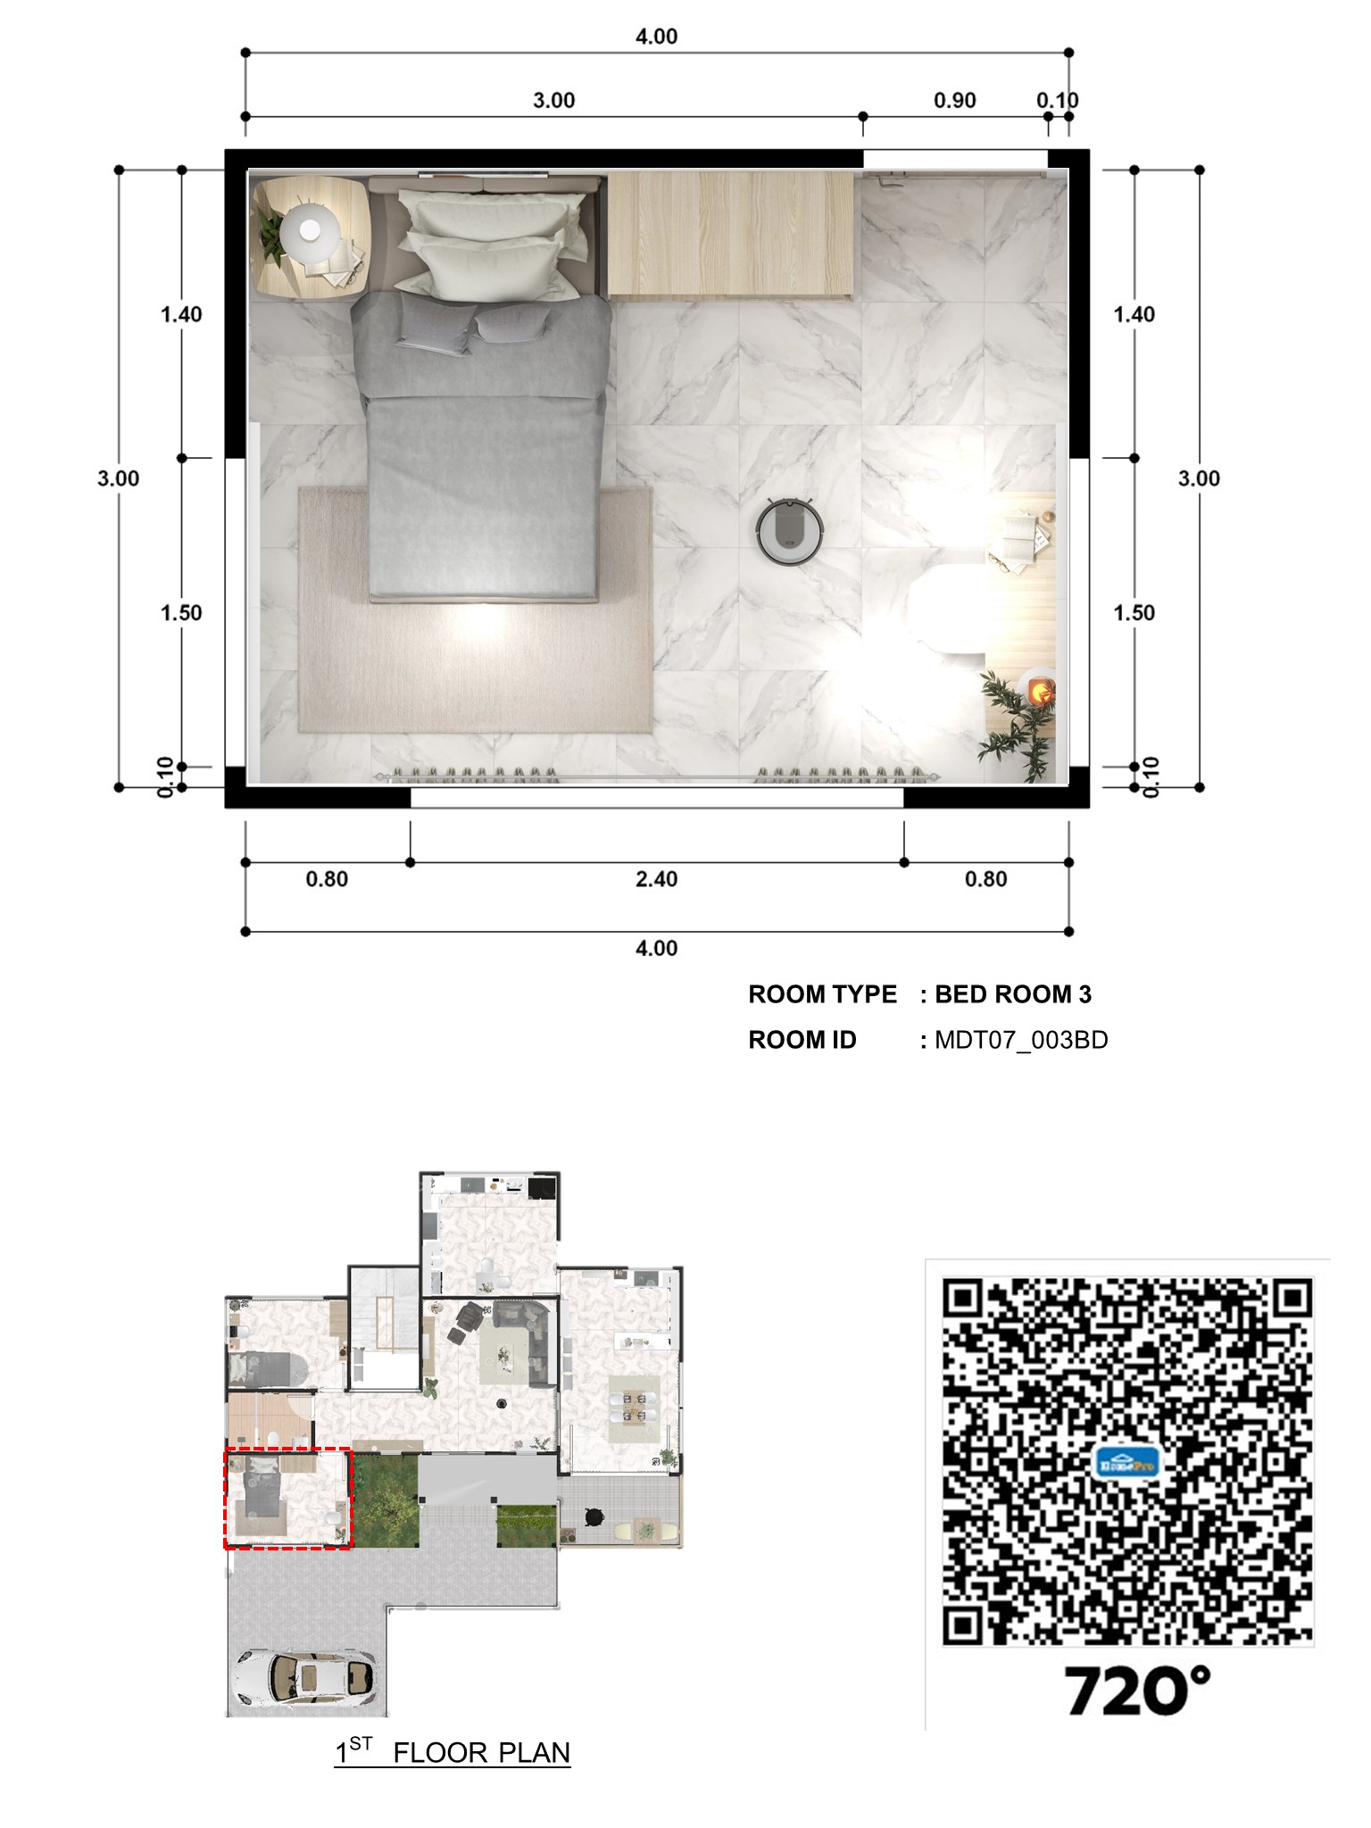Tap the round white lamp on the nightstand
(x=309, y=230)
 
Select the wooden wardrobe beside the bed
(x=730, y=234)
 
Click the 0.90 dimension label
(x=954, y=100)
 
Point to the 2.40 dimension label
(x=656, y=879)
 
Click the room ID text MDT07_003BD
(x=1021, y=1040)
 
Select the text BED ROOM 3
(x=1013, y=994)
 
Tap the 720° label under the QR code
(x=1137, y=1690)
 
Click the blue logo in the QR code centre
(x=1126, y=1462)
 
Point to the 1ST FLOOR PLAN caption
(x=453, y=1752)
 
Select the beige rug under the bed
(x=475, y=610)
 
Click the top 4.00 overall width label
(x=656, y=37)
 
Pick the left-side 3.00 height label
(x=119, y=478)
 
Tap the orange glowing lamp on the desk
(x=1039, y=689)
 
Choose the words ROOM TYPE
(x=822, y=994)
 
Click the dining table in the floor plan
(x=635, y=1408)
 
